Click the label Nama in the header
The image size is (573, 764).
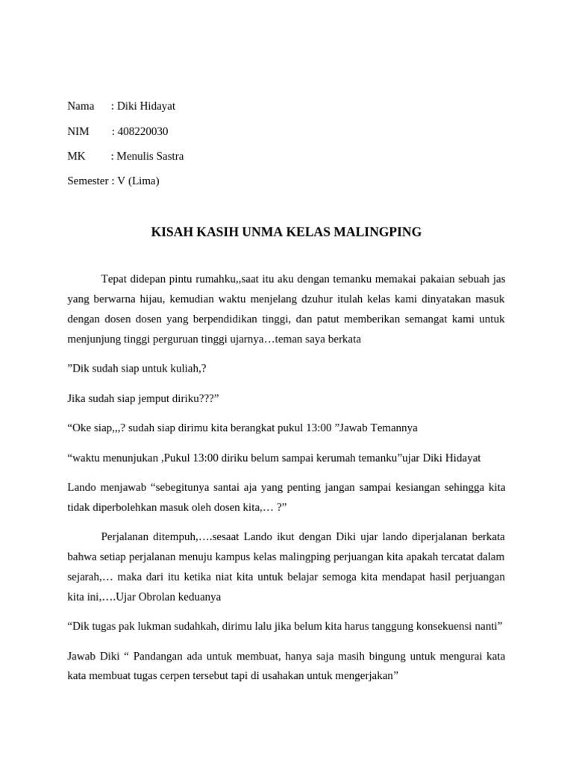[81, 106]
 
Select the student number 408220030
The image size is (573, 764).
[143, 131]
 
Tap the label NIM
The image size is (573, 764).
[78, 131]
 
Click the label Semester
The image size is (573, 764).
[87, 181]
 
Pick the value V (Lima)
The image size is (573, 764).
[138, 181]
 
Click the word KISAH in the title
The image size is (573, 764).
[169, 232]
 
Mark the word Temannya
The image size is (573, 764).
[390, 428]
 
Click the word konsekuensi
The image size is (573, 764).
[434, 627]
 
